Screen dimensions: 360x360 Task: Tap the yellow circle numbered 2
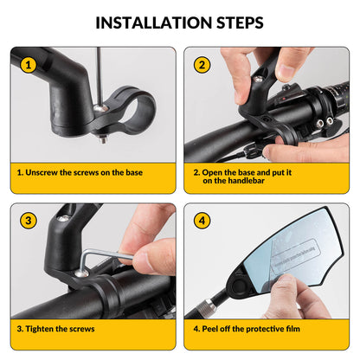tap(202, 64)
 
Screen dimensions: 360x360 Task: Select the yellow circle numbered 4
tap(202, 221)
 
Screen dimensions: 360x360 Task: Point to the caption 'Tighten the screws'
tap(56, 329)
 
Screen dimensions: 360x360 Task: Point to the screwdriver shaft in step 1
tap(100, 69)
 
